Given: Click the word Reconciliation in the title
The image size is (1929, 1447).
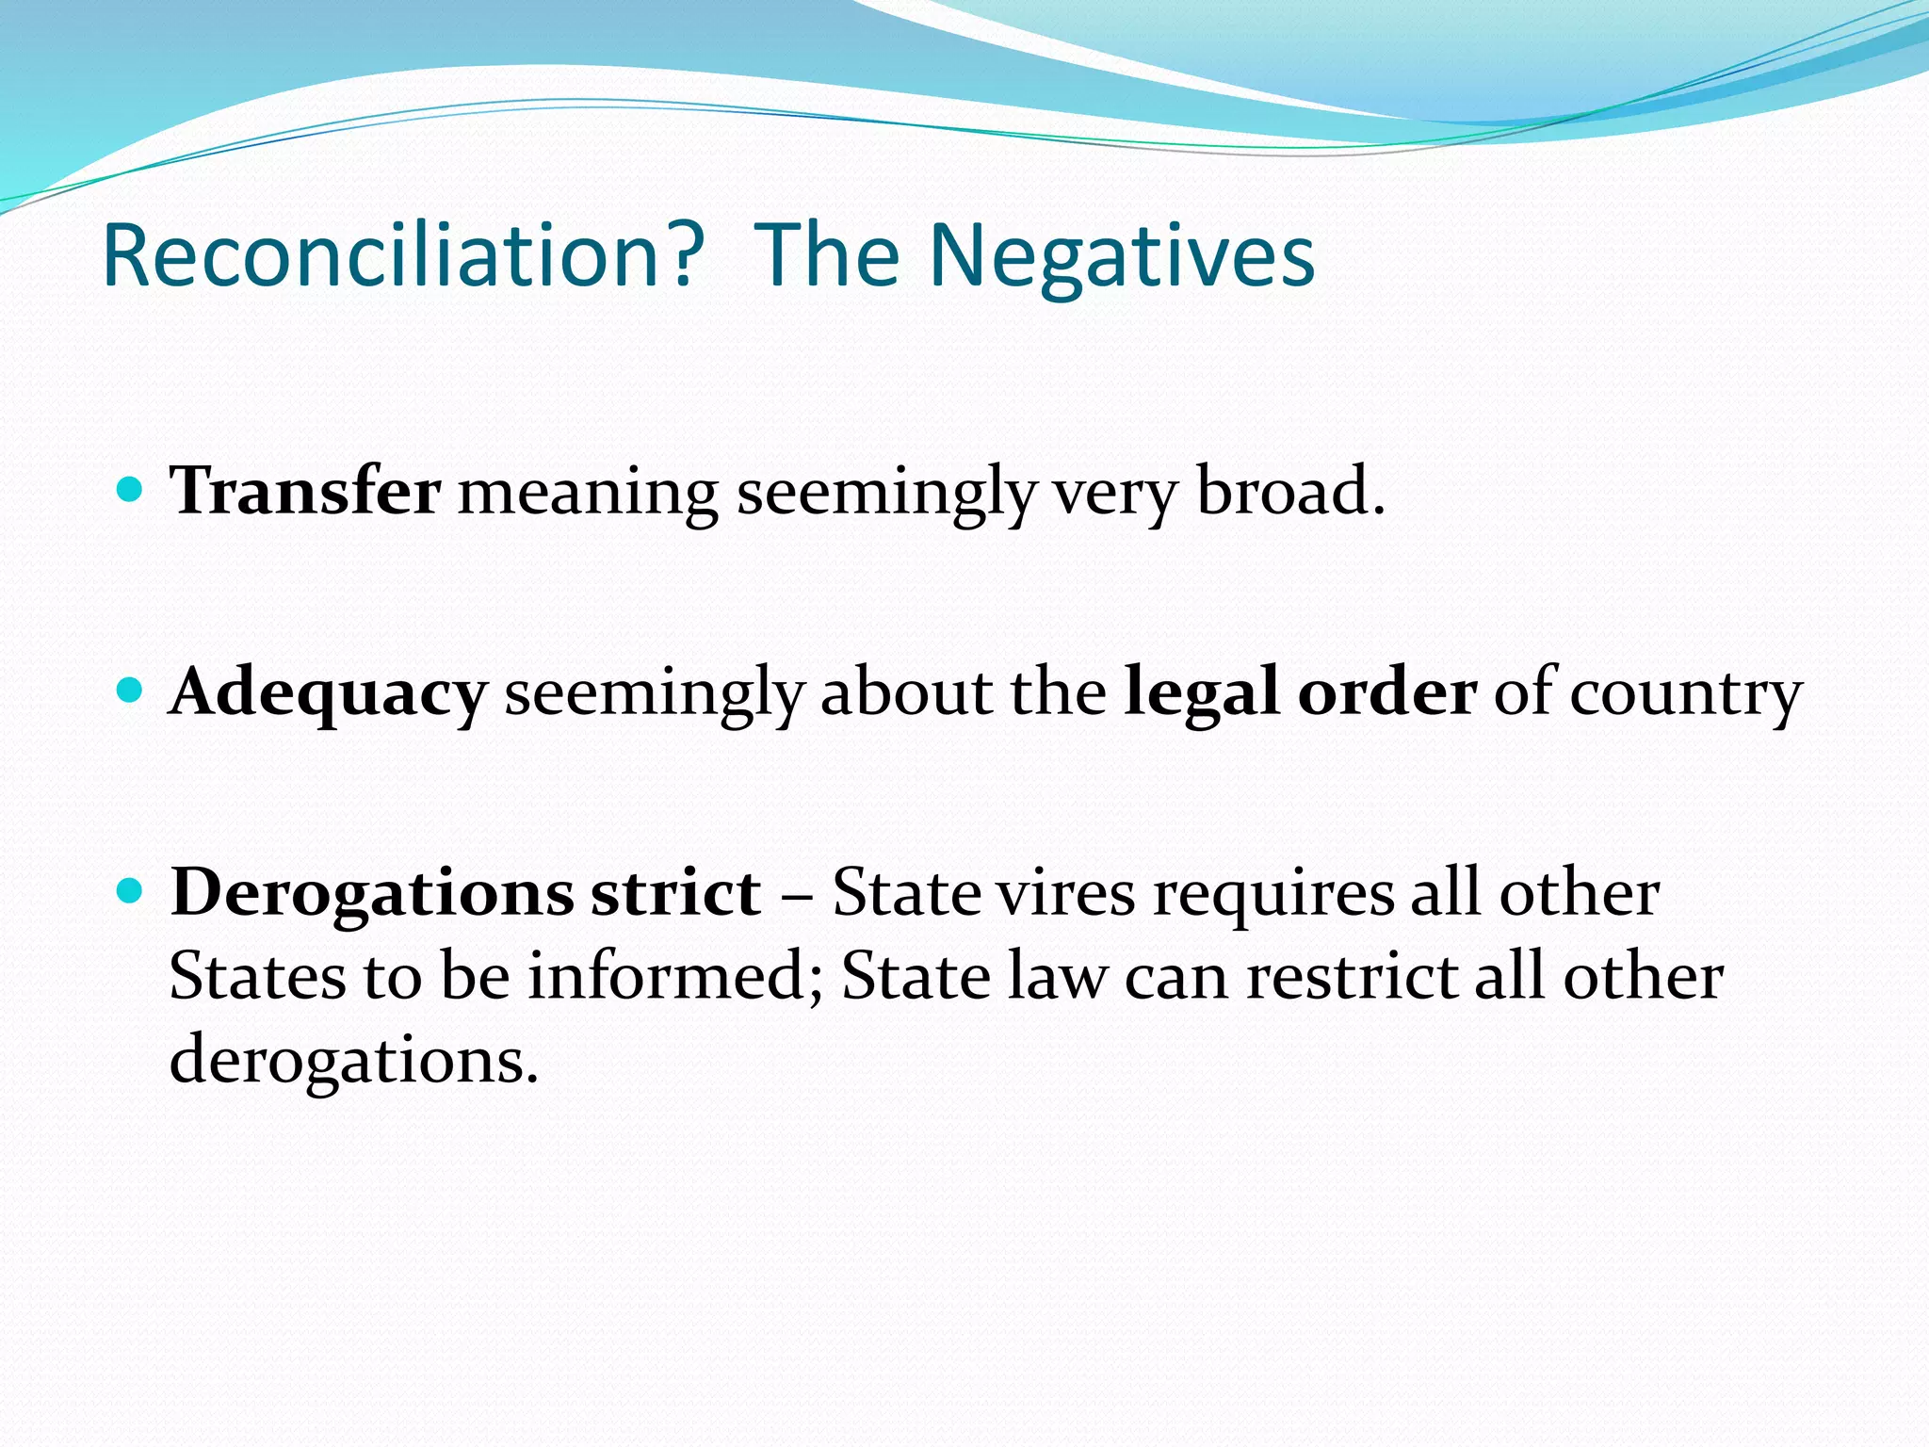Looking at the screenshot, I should pos(403,255).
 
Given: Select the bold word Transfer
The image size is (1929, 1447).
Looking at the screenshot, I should pos(305,491).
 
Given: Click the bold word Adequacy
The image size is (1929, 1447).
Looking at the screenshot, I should pos(328,692).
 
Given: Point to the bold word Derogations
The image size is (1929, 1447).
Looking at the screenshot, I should pos(372,893).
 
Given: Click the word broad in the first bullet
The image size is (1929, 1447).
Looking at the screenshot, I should pos(1290,491).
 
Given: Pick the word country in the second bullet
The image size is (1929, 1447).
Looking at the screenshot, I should pos(1686,692).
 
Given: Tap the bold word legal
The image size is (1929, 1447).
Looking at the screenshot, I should pos(1202,692).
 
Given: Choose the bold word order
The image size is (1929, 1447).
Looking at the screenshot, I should pos(1386,692).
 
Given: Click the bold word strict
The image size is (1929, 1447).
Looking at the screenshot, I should pos(675,892).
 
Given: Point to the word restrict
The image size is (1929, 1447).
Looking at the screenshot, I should pos(1352,976).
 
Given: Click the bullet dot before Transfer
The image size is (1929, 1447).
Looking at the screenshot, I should pos(129,490).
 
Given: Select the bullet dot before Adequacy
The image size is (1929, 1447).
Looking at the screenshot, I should pos(129,691).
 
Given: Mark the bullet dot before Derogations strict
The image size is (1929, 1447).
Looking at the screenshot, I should pos(129,891).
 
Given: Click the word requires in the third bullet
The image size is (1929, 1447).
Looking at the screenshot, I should pos(1272,892).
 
